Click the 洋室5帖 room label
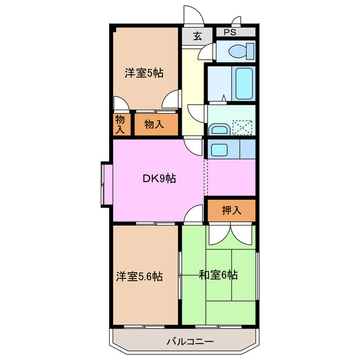pos(144,73)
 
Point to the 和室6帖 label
pos(218,275)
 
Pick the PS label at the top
pos(230,33)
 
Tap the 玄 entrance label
pos(197,37)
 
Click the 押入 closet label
pos(231,211)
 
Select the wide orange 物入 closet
pos(155,124)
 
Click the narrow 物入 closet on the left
pos(120,124)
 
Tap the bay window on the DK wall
pos(106,184)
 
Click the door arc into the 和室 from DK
pos(194,214)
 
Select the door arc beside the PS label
pos(236,22)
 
